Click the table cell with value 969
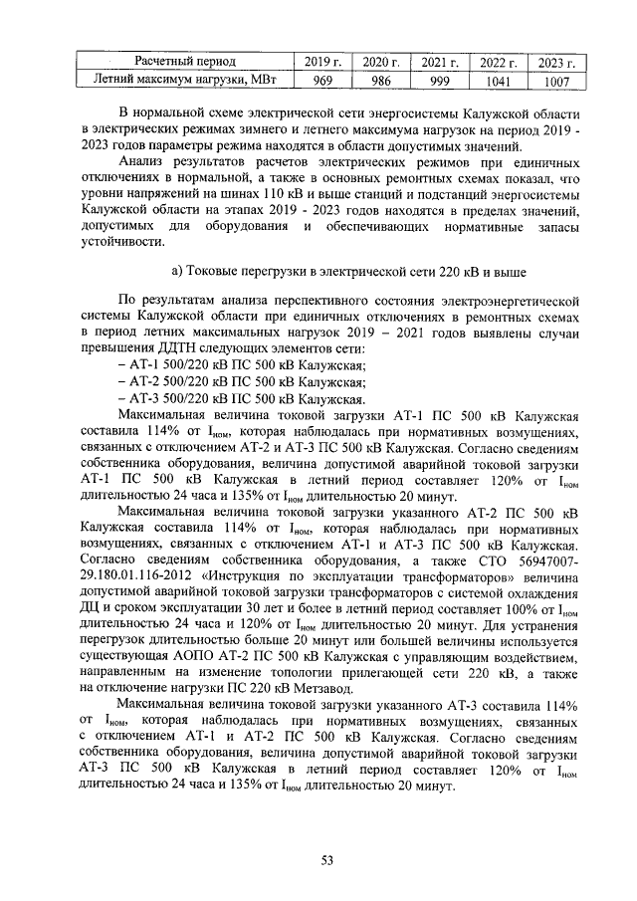[x=322, y=81]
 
